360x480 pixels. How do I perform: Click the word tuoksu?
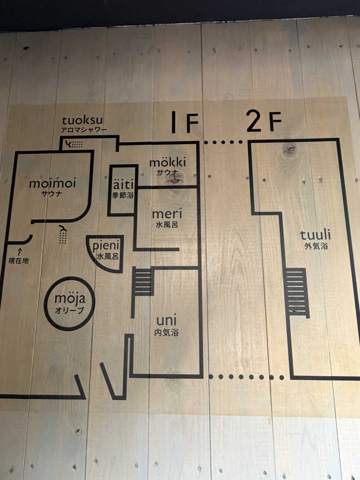click(82, 121)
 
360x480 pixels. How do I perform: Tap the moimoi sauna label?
click(52, 184)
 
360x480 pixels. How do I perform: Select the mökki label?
click(167, 162)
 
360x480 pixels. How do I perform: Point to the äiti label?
click(123, 184)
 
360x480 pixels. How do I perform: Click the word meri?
click(167, 213)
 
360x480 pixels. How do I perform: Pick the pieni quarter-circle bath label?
click(106, 246)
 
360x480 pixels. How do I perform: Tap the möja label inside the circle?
click(70, 298)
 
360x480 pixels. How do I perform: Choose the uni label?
click(166, 320)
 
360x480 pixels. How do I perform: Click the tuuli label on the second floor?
click(315, 235)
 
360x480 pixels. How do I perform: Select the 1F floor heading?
click(185, 122)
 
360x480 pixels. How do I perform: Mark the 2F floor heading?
click(264, 121)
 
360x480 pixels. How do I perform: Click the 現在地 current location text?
click(18, 260)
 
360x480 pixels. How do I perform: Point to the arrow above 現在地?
click(20, 251)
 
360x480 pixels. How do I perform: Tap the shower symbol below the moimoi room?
click(63, 235)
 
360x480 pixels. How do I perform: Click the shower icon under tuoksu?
click(74, 144)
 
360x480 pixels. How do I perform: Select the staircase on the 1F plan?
click(142, 282)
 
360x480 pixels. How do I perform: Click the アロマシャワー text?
click(84, 130)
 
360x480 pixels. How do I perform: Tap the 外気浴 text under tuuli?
click(316, 246)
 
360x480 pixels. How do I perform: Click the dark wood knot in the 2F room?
click(289, 150)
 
